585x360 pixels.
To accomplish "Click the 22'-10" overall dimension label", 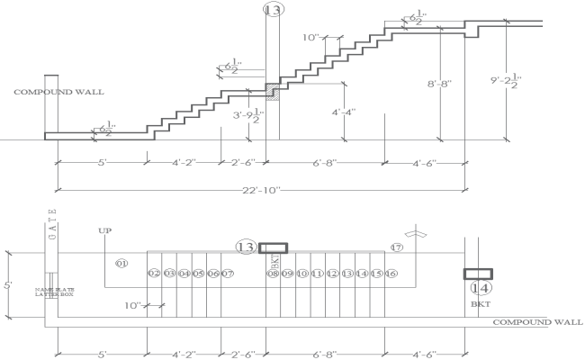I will (x=262, y=190).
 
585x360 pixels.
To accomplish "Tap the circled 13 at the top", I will (x=273, y=10).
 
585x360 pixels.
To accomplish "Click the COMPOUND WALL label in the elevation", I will (x=58, y=92).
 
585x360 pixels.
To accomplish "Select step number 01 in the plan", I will (x=122, y=264).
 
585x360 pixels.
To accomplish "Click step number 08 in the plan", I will (x=273, y=274).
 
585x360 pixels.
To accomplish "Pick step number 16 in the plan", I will (x=392, y=274).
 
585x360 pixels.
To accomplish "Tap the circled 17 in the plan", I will (x=396, y=247).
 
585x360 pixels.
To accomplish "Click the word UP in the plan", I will (x=104, y=231).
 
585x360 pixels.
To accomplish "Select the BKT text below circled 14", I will (x=479, y=305).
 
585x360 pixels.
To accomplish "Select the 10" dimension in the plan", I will (x=133, y=306).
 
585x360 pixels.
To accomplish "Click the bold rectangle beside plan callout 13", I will (x=274, y=247).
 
